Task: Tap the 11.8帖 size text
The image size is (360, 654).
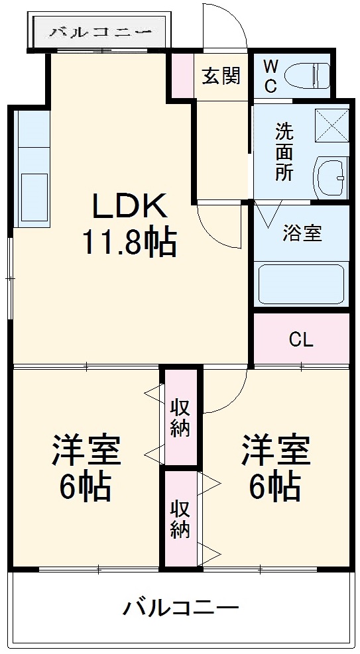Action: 129,243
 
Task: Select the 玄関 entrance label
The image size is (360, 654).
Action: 221,76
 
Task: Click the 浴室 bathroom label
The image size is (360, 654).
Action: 302,233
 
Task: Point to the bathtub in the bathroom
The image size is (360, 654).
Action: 301,284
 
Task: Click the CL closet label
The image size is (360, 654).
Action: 301,340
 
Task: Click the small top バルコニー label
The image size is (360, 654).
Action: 101,31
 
